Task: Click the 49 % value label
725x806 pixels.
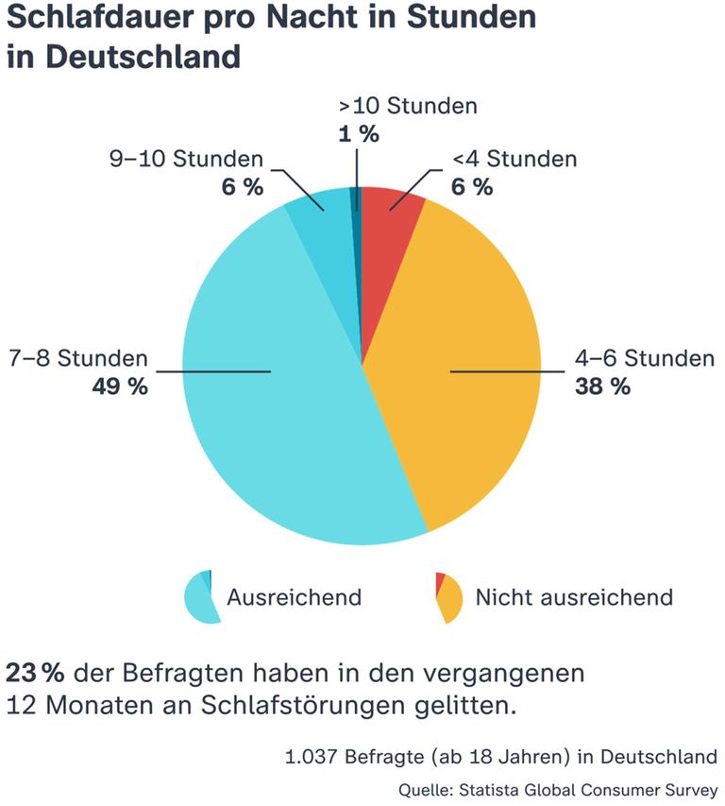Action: [x=119, y=386]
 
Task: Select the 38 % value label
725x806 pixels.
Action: [x=602, y=386]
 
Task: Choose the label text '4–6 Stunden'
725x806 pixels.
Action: [x=645, y=359]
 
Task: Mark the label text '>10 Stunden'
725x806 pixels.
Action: [x=408, y=106]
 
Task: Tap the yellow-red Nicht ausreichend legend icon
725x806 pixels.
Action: [x=448, y=597]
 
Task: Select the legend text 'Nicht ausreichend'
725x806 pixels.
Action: [x=574, y=597]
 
